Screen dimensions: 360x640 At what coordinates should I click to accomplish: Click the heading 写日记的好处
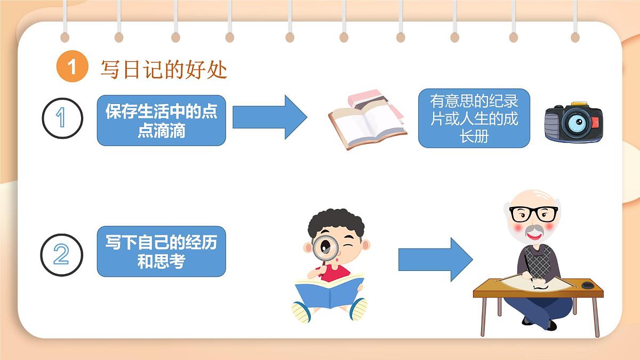click(164, 69)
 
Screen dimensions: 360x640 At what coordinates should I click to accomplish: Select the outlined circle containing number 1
click(62, 118)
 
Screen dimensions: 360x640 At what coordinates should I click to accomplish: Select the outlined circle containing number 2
click(62, 254)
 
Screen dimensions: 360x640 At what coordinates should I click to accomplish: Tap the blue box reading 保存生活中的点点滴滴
click(161, 121)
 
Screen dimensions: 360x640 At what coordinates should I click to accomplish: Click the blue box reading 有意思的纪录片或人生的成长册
click(474, 118)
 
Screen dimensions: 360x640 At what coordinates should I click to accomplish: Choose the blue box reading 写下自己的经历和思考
click(161, 252)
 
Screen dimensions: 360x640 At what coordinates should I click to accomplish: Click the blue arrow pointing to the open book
click(269, 117)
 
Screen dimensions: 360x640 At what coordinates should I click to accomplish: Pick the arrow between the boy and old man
click(435, 260)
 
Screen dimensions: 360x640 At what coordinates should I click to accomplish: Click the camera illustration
click(573, 123)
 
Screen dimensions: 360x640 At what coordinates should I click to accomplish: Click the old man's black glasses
click(533, 214)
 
